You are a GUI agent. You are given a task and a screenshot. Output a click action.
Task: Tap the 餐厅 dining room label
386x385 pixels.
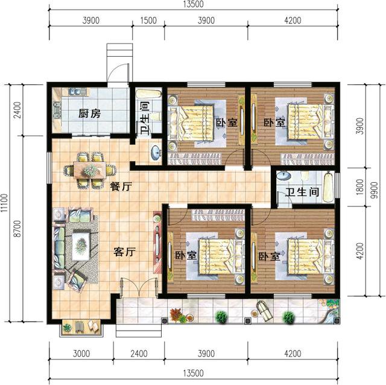(x=121, y=186)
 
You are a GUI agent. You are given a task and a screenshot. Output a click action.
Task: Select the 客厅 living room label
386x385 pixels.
(x=124, y=253)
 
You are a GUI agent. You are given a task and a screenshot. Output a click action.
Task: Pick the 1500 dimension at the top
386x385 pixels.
(x=148, y=21)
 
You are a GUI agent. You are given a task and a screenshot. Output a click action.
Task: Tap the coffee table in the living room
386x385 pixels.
(x=81, y=244)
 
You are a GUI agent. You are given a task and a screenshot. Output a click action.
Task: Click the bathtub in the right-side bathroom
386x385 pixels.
(x=327, y=187)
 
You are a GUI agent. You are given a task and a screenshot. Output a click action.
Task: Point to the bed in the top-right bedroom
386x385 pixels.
(x=305, y=121)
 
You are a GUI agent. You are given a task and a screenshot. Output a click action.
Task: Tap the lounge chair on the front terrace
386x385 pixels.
(x=263, y=308)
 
